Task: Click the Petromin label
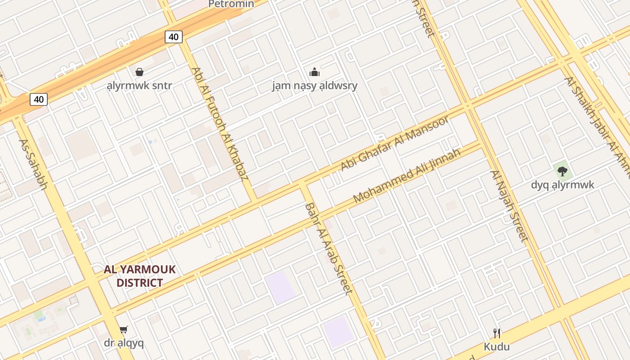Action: coord(231,4)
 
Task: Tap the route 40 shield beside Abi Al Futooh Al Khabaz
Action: coord(174,37)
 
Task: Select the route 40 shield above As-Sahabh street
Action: coord(39,99)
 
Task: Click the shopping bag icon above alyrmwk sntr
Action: coord(139,72)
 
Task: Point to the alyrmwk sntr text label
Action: coord(139,85)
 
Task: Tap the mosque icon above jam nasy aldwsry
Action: coord(315,72)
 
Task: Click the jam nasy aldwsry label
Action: coord(315,85)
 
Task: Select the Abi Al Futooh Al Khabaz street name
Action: coord(220,124)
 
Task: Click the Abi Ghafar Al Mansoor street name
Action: coord(395,143)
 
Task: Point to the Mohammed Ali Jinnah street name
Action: coord(407,175)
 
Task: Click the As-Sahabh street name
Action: coord(33,164)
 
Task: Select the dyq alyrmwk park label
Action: coord(562,185)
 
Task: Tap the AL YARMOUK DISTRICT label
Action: coord(139,276)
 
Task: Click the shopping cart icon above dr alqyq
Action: coord(124,330)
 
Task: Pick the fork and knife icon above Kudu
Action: coord(497,333)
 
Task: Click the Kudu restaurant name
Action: coord(497,346)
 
